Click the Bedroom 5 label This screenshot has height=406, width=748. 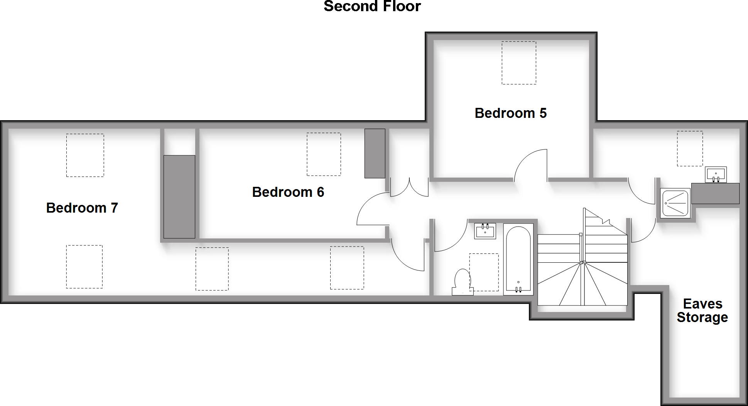(510, 113)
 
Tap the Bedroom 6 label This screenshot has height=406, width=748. (288, 192)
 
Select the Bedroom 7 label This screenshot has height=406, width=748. (82, 208)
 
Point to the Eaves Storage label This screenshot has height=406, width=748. (702, 310)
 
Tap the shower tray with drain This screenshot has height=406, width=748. (675, 203)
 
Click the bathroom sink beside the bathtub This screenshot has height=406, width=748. (485, 231)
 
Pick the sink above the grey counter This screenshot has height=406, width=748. (716, 174)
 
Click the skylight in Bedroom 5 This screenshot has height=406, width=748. (518, 63)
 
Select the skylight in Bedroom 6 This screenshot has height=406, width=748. (324, 154)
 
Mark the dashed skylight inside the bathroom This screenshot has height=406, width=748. (484, 272)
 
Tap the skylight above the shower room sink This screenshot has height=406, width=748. (690, 149)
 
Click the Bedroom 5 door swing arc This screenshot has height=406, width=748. (530, 165)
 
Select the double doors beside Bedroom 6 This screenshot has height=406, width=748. (409, 188)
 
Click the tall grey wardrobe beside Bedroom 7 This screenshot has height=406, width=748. (179, 196)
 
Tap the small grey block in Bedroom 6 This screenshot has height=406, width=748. (375, 153)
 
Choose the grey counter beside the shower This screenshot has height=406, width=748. (715, 193)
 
